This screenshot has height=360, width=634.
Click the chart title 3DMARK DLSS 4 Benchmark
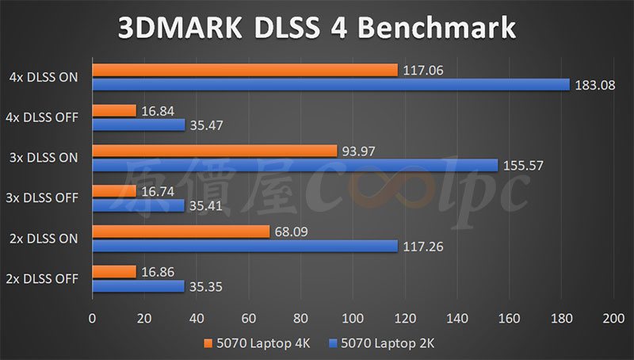(317, 28)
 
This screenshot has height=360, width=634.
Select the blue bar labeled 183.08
(330, 85)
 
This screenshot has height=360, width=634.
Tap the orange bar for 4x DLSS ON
(245, 71)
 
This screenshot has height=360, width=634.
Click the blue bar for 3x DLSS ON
(295, 165)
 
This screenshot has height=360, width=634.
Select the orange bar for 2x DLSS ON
(181, 232)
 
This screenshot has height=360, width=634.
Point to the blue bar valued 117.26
(245, 246)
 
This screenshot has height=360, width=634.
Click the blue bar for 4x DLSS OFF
(139, 124)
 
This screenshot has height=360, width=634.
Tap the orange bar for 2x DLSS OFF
(114, 272)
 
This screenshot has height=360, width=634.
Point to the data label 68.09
(291, 232)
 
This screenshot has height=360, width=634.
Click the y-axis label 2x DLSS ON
(44, 238)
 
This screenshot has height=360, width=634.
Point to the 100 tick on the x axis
(353, 318)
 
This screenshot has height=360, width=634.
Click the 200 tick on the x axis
(613, 318)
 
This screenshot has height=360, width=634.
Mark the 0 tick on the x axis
(93, 318)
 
